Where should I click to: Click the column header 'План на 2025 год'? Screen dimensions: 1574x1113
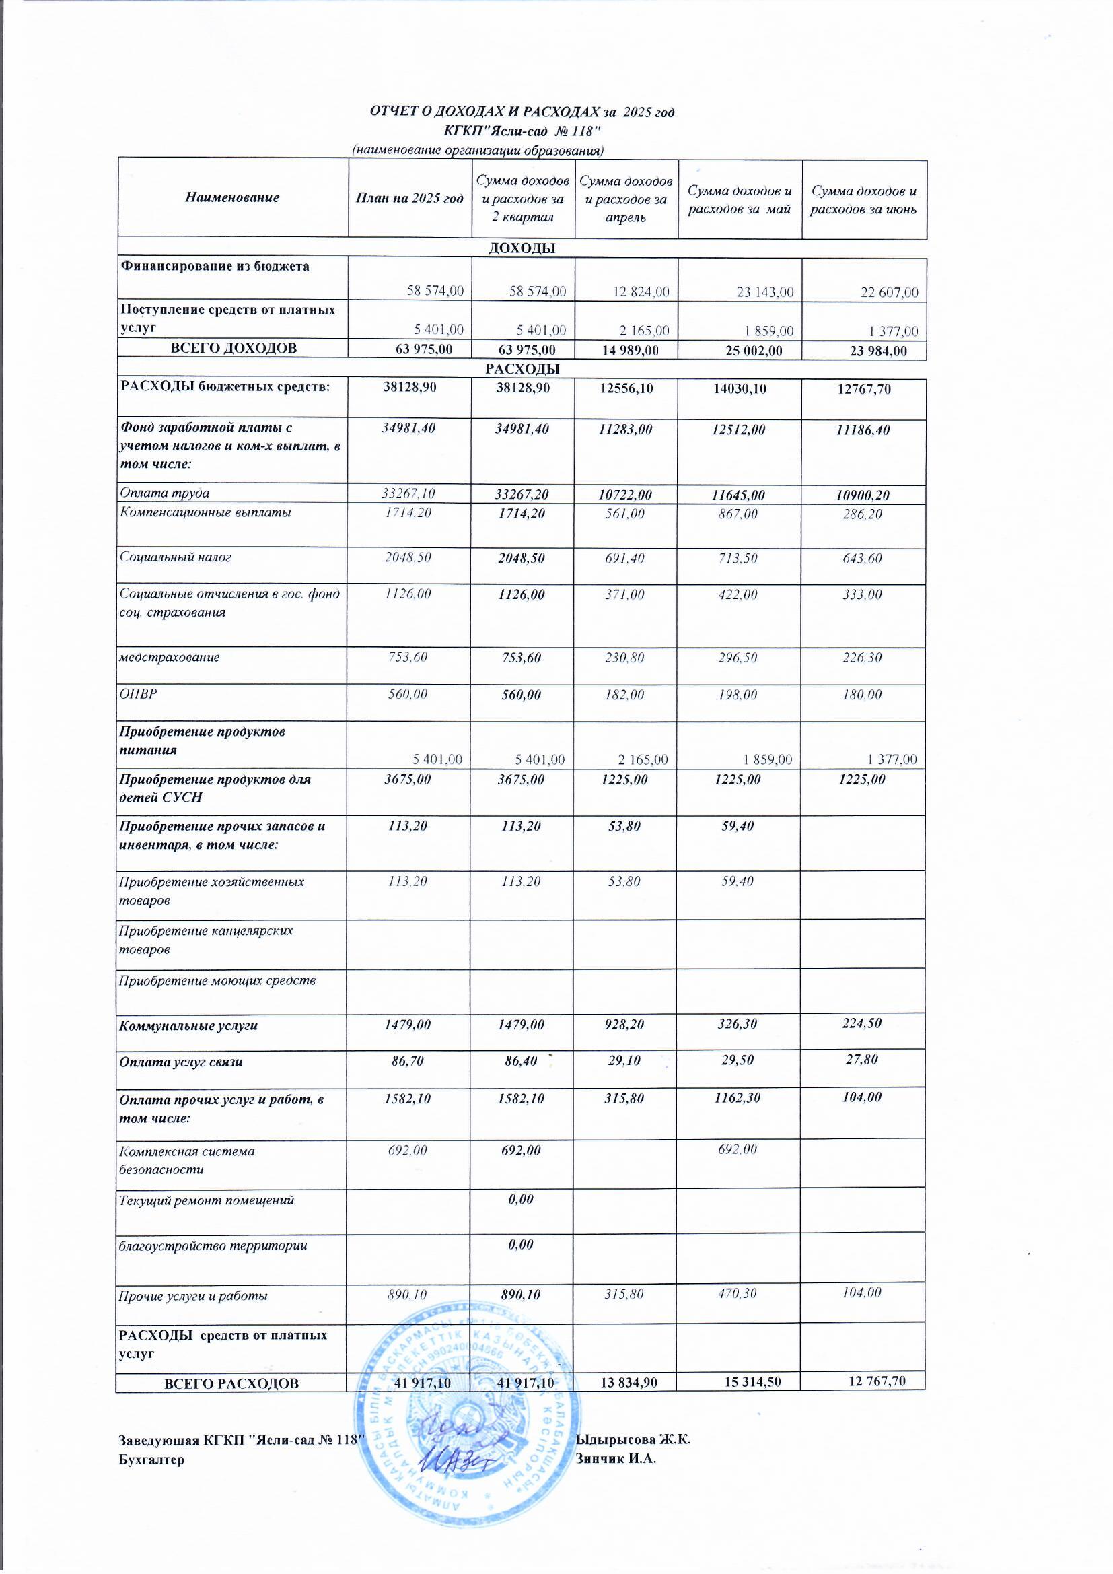(x=409, y=198)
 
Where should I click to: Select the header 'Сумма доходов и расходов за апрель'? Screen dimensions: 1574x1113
(x=625, y=199)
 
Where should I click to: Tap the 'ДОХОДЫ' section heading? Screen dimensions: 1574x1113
(x=521, y=248)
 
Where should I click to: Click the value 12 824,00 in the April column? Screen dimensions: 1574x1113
(x=642, y=292)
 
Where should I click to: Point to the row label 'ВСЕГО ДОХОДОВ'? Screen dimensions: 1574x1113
(x=233, y=348)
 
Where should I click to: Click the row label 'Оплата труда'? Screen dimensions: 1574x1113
(x=164, y=493)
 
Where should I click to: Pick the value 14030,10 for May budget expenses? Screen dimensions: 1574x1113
(x=739, y=388)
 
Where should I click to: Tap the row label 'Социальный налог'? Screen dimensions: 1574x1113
(x=176, y=557)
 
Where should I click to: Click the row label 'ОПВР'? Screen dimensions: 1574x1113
(x=139, y=694)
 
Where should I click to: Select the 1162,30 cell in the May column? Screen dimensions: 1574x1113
(x=738, y=1097)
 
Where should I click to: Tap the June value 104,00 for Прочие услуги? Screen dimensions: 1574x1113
(x=862, y=1292)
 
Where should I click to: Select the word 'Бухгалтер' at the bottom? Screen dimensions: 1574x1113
(x=151, y=1459)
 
